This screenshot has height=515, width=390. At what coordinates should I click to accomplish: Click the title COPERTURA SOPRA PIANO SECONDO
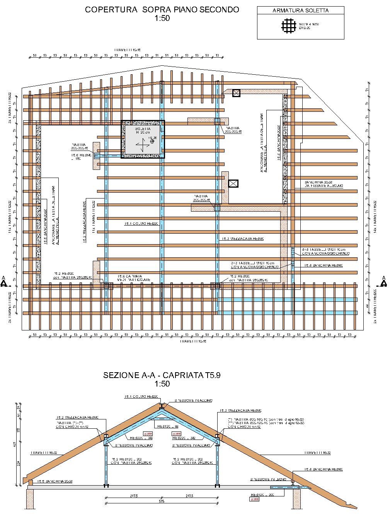162,10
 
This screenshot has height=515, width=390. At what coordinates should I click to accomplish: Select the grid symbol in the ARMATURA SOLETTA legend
288,26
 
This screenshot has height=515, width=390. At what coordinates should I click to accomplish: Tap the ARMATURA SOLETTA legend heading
300,10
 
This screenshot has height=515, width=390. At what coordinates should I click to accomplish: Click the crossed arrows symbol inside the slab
142,146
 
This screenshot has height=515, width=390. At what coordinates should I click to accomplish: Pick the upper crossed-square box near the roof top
236,92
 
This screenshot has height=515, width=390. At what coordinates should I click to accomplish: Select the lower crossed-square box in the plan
233,183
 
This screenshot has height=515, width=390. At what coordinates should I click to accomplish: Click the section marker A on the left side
4,282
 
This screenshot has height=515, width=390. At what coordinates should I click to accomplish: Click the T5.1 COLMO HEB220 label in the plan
141,224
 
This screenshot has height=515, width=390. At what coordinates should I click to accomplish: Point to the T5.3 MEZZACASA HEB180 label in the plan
242,239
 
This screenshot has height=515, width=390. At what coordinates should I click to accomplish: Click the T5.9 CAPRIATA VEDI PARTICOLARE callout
134,278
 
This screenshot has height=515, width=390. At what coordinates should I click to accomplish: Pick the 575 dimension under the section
161,501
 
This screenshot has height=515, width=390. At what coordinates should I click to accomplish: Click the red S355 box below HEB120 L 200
255,500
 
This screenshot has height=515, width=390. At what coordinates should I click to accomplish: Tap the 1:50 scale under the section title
162,384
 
